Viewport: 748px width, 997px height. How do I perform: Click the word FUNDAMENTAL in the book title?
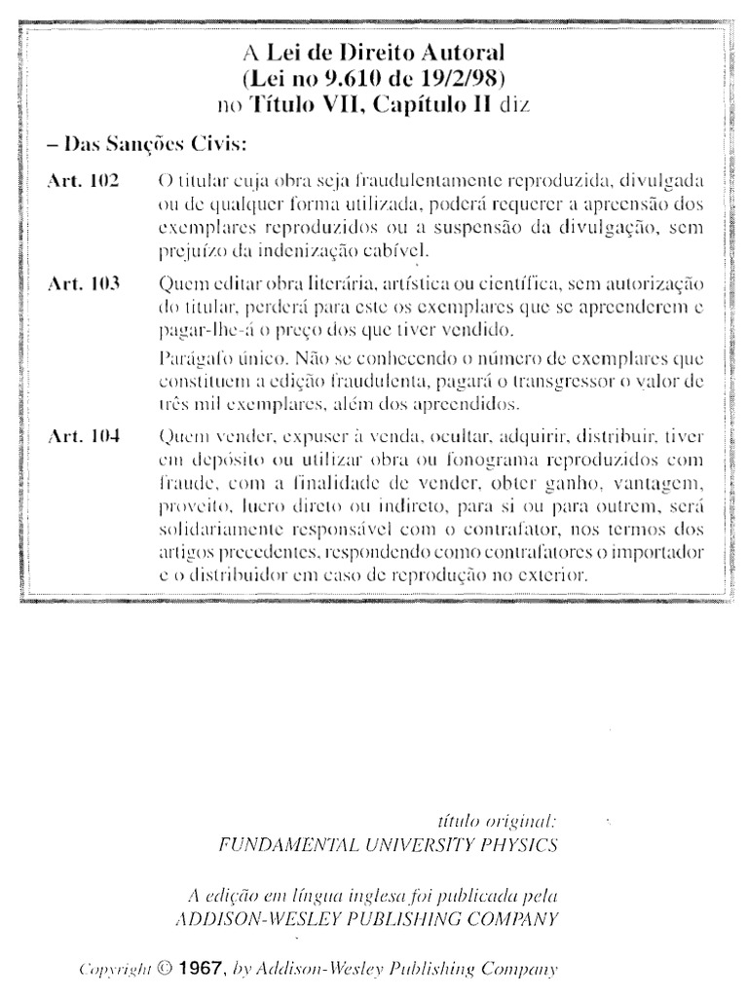(268, 844)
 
